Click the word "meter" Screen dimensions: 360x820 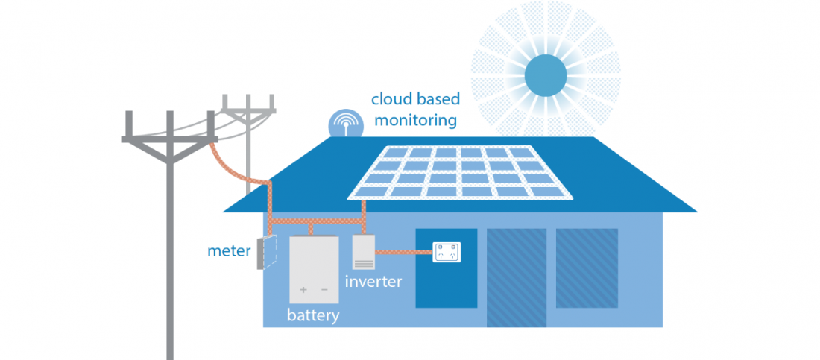229,251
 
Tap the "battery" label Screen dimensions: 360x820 313,315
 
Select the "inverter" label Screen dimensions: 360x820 373,282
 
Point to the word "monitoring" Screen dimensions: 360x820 415,119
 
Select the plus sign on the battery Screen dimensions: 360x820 303,289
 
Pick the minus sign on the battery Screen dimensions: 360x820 325,289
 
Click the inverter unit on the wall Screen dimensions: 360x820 364,252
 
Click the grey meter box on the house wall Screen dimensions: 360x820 263,253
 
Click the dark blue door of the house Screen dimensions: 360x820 446,280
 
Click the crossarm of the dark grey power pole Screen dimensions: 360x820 169,139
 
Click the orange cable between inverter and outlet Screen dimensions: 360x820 403,253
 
